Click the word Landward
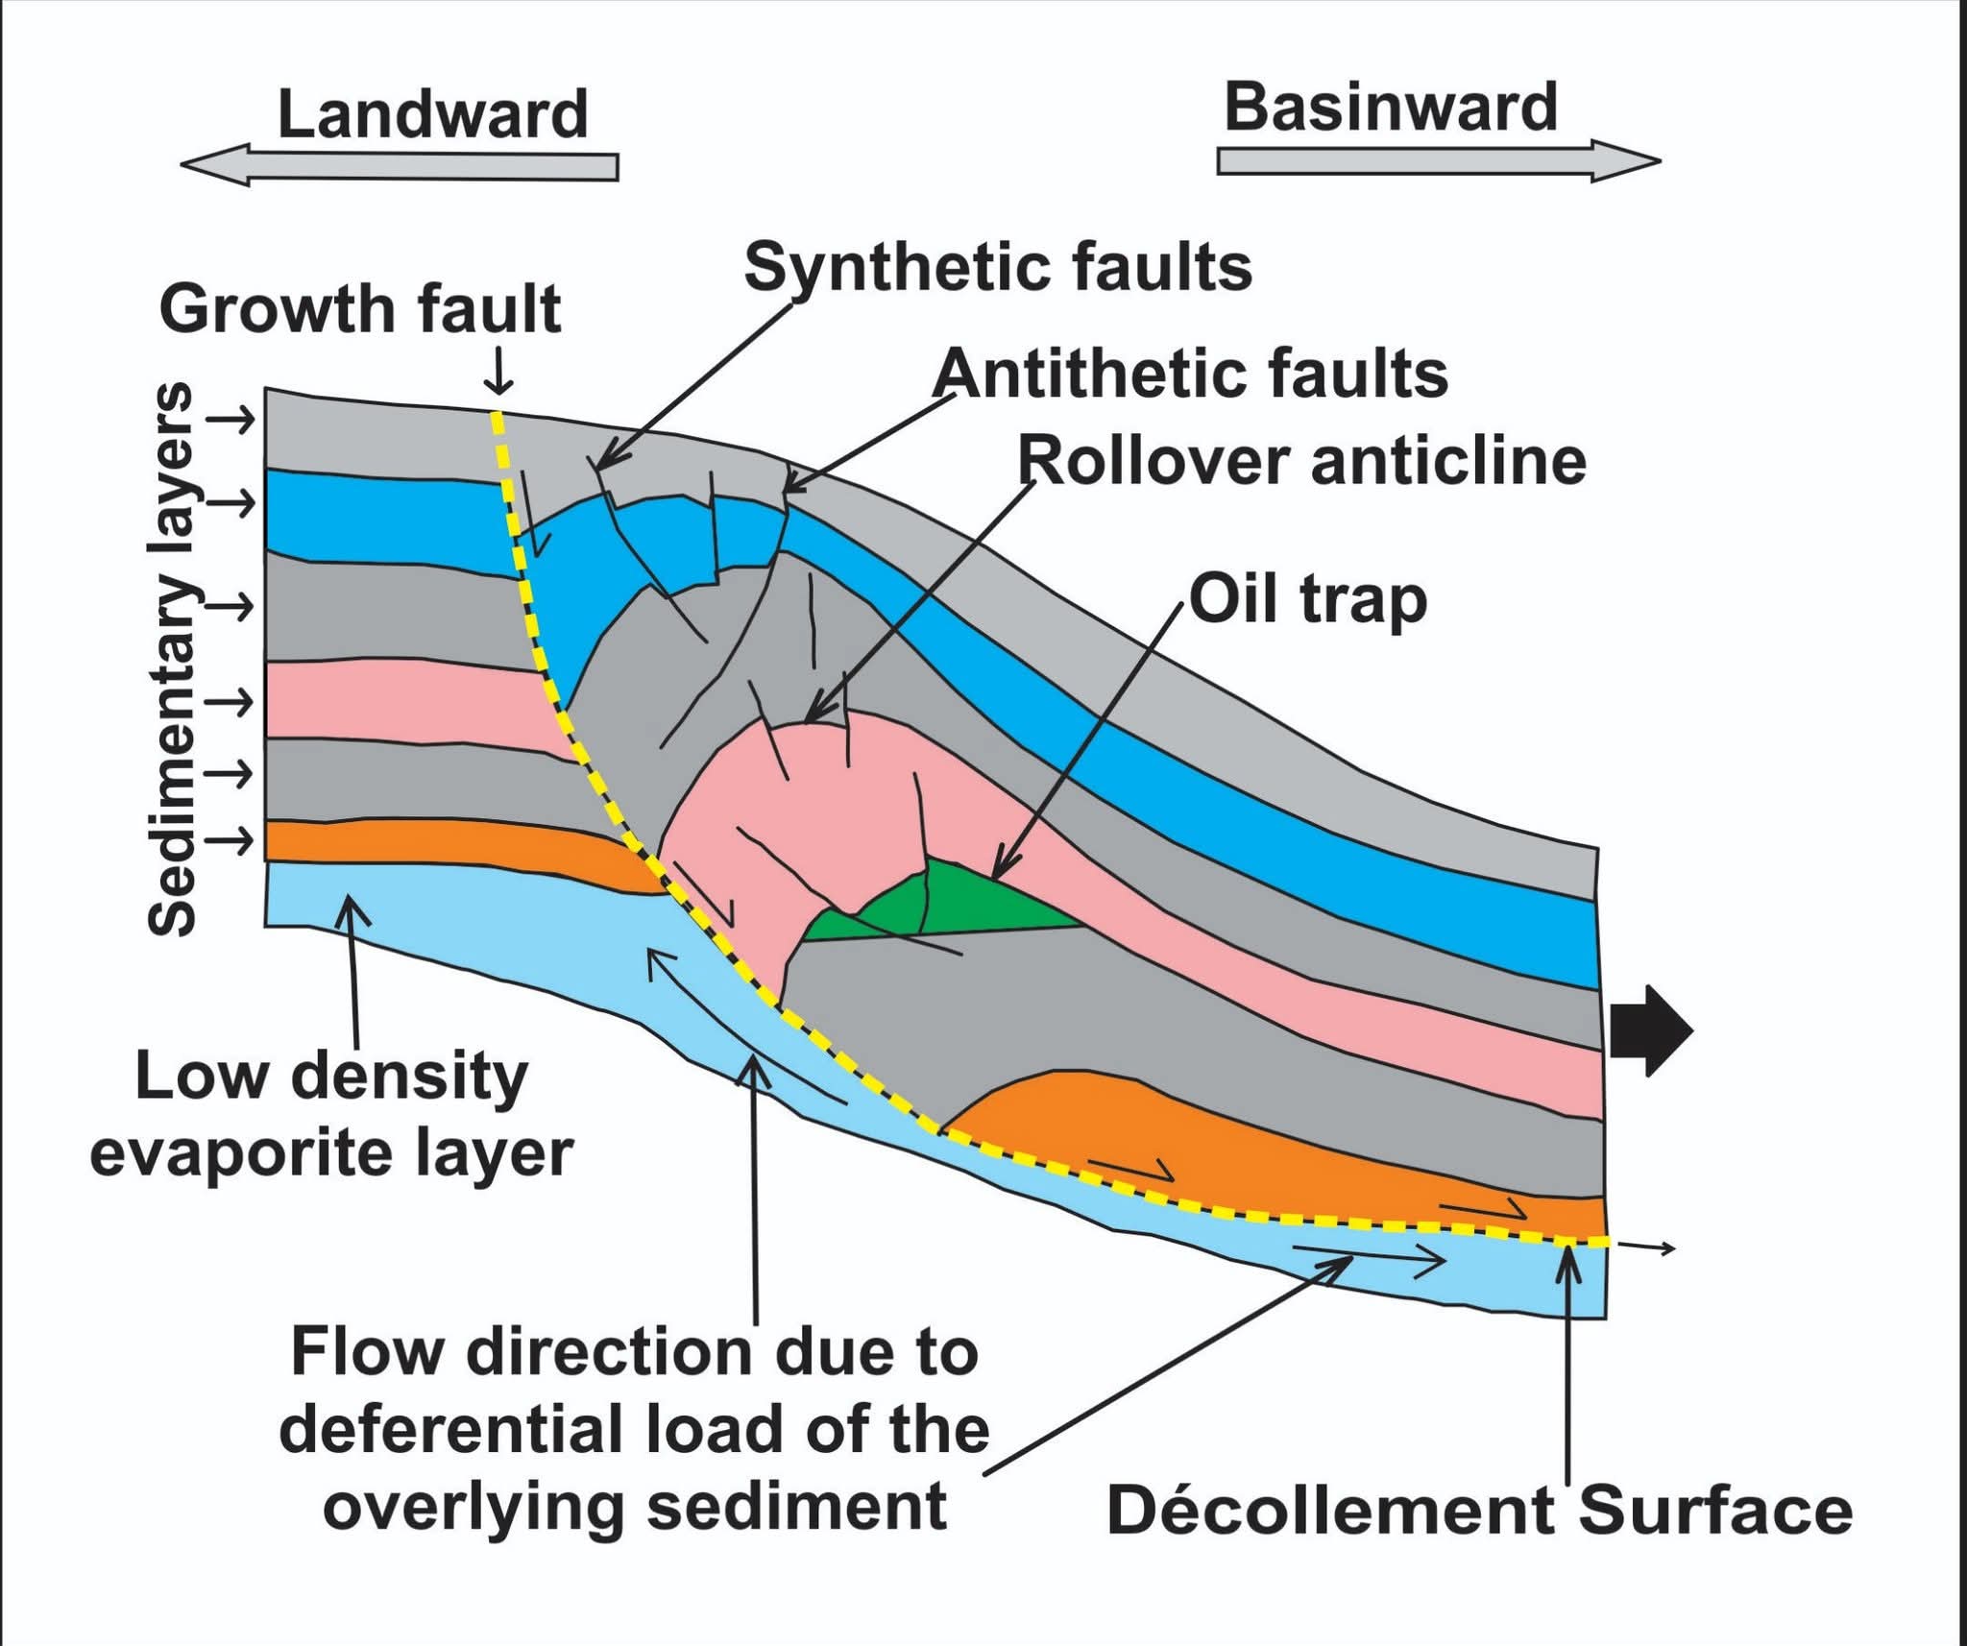click(432, 115)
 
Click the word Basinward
click(1390, 108)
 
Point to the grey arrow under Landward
click(400, 166)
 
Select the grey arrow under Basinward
click(1438, 160)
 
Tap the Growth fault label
click(360, 310)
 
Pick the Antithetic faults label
click(1190, 375)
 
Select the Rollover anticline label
click(1301, 462)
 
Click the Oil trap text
click(1308, 600)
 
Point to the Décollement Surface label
click(1479, 1511)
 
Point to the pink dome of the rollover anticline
click(816, 797)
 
